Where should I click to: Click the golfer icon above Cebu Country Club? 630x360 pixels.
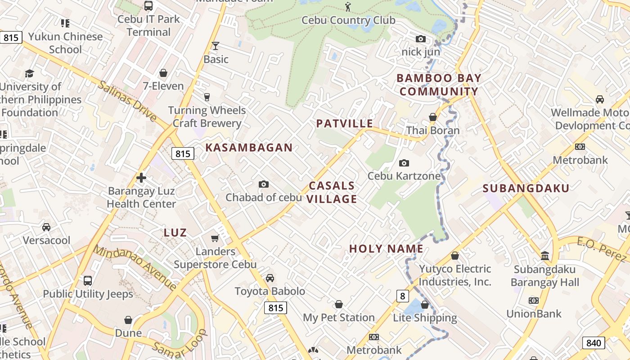tap(347, 6)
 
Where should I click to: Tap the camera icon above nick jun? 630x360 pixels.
tap(421, 39)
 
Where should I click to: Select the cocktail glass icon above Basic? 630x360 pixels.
tap(216, 45)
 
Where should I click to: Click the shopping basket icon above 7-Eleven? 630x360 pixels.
tap(163, 73)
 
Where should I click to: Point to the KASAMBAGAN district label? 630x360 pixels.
tap(249, 148)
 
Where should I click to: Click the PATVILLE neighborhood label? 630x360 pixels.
tap(345, 124)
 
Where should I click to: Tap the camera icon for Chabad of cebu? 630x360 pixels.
tap(264, 184)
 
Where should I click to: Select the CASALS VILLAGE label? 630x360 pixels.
tap(332, 192)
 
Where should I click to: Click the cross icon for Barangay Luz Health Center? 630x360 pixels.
tap(141, 178)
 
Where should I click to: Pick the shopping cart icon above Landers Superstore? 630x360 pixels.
tap(215, 238)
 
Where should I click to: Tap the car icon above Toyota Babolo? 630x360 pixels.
tap(270, 278)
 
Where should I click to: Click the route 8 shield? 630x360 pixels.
tap(403, 296)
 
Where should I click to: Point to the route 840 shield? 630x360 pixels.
tap(594, 343)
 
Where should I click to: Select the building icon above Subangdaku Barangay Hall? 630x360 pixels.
tap(545, 256)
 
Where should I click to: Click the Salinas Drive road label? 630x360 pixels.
tap(128, 102)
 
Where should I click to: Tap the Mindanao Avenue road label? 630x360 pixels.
tap(135, 267)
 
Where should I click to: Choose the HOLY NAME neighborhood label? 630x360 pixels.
tap(386, 249)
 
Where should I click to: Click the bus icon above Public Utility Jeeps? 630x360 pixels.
tap(88, 281)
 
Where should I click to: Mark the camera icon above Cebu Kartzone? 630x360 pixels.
tap(404, 163)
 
